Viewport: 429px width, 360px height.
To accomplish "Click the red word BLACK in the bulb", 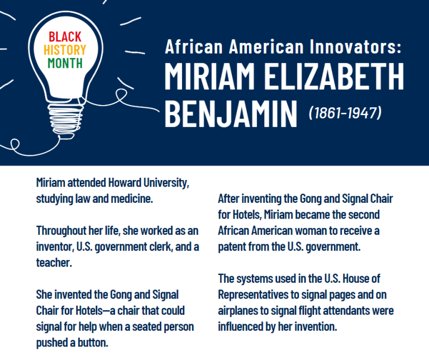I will [64, 37].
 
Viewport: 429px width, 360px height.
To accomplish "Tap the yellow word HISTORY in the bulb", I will [64, 50].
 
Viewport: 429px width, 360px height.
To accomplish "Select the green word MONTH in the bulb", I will [64, 63].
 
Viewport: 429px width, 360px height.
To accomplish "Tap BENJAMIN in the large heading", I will [231, 113].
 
